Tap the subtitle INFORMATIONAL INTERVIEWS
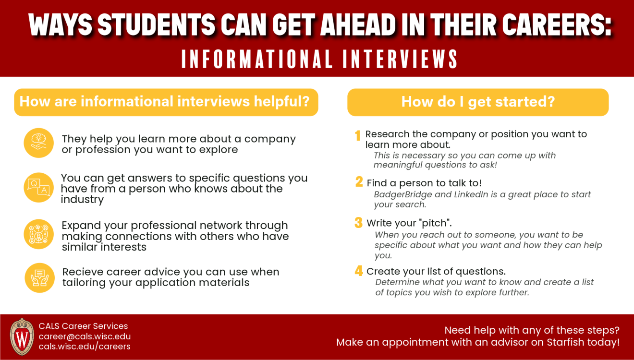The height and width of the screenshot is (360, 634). point(319,59)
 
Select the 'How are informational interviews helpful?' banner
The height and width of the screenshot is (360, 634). point(166,102)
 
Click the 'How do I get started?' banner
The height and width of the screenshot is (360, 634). point(478,102)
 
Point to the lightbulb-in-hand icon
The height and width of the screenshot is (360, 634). point(39,143)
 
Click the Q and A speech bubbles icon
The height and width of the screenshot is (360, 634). point(39,187)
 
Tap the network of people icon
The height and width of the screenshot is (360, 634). point(39,234)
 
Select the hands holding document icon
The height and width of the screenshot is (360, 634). point(39,277)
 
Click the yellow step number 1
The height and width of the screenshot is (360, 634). point(358,136)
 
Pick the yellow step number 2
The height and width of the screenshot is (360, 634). point(359,182)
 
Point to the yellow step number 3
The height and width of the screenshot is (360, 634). point(358,223)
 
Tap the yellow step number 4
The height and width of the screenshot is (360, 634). point(359,271)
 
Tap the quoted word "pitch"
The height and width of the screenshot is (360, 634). point(436,223)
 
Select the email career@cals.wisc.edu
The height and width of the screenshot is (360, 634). point(85,336)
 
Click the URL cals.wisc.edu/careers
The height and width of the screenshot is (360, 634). point(85,347)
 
